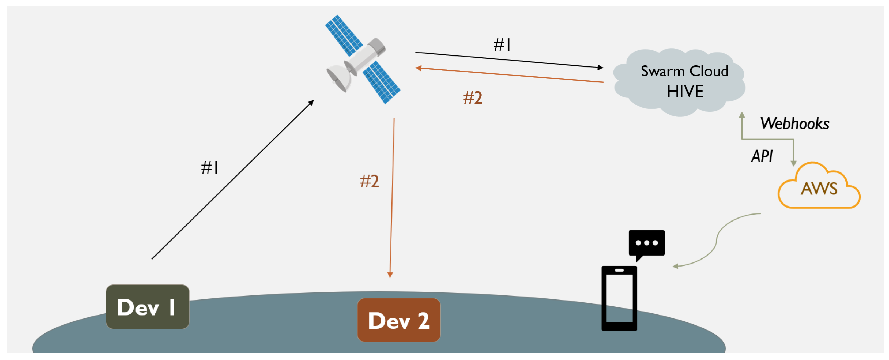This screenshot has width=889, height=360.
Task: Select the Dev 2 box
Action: (x=399, y=320)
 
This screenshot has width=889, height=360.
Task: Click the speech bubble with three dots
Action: (x=646, y=243)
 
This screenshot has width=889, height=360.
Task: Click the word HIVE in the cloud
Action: (x=685, y=91)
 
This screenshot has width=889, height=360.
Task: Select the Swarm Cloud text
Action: (x=684, y=71)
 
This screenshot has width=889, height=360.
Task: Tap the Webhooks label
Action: (x=794, y=123)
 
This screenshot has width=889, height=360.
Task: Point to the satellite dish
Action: (x=338, y=78)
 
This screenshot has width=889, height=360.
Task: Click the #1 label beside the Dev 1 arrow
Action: (x=209, y=168)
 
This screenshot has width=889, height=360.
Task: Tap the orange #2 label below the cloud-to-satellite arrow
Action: (x=472, y=98)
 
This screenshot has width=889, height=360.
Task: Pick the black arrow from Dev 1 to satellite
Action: (x=232, y=180)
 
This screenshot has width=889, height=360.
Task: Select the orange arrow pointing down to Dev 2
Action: (x=392, y=197)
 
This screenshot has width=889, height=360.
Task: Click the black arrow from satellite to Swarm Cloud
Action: (x=509, y=60)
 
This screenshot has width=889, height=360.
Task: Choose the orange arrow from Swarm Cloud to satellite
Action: (x=509, y=75)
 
